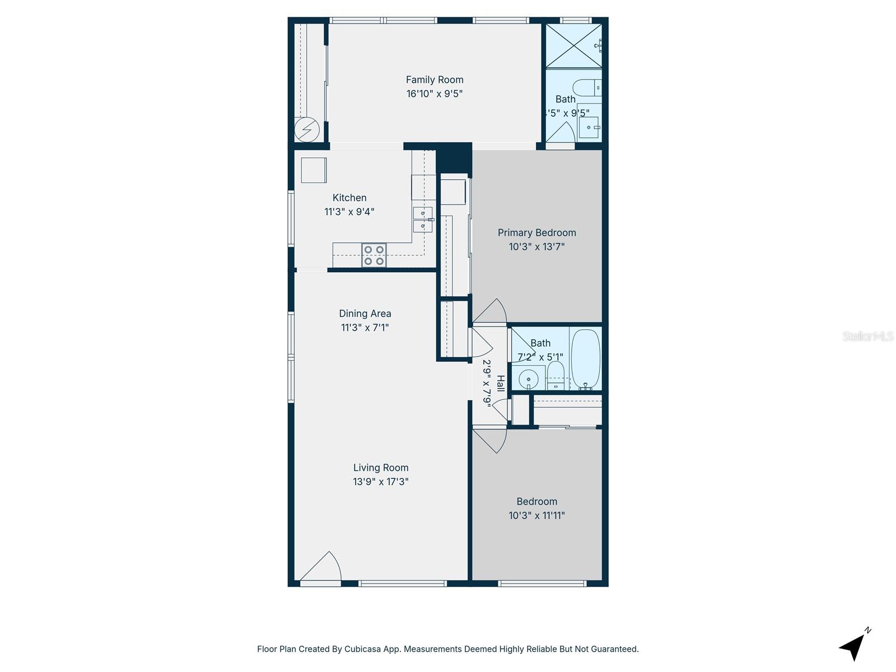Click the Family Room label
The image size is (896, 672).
435,80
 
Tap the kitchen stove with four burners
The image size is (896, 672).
374,255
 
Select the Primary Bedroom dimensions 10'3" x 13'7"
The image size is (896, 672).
536,246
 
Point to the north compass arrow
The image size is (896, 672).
853,646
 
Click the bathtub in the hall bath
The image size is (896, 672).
586,358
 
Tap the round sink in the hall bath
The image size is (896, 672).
528,380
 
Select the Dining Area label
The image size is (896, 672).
365,314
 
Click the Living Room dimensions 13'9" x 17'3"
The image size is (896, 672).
380,482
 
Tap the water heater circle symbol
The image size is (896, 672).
307,130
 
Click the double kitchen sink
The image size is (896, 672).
422,220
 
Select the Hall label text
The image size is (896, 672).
501,384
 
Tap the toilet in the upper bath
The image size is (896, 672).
588,88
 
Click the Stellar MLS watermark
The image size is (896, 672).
867,336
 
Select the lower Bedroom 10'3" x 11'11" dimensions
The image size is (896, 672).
536,515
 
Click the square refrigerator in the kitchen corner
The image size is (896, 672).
314,170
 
